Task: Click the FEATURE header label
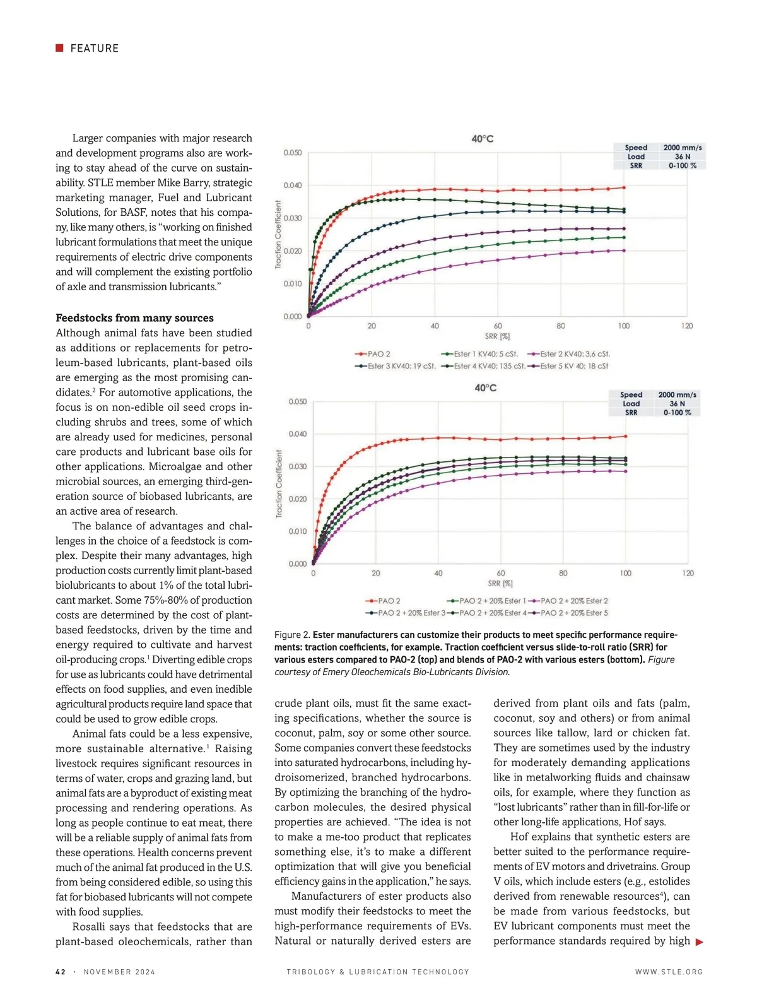[x=94, y=49]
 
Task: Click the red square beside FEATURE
[x=59, y=48]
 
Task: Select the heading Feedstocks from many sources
[x=134, y=318]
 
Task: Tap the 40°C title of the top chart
[x=483, y=139]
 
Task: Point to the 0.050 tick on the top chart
[x=292, y=153]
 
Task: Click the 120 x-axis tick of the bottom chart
[x=688, y=573]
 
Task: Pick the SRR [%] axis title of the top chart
[x=497, y=336]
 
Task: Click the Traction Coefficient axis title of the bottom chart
[x=279, y=484]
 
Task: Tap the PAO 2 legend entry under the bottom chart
[x=384, y=601]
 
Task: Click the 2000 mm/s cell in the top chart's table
[x=683, y=148]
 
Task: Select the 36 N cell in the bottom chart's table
[x=678, y=404]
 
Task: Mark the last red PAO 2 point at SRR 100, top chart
[x=624, y=187]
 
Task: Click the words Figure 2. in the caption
[x=292, y=635]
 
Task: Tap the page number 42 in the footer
[x=61, y=972]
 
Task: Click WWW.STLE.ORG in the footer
[x=669, y=972]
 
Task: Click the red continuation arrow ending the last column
[x=699, y=942]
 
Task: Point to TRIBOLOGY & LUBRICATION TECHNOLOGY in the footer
[x=378, y=972]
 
